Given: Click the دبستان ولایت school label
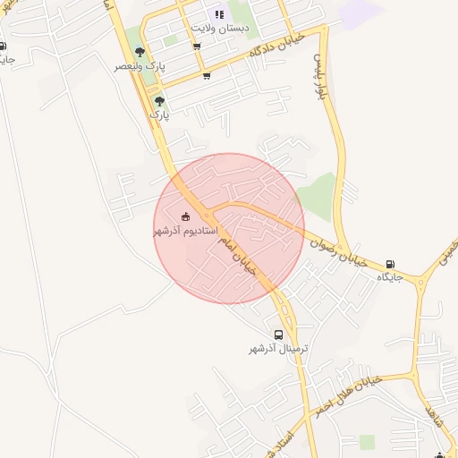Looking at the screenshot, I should [x=220, y=29].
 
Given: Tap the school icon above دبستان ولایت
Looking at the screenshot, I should [x=219, y=14].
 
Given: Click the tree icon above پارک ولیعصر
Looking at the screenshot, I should [x=140, y=52].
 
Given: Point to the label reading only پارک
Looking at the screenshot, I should [x=158, y=115].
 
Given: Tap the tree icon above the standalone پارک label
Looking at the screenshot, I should [x=159, y=101].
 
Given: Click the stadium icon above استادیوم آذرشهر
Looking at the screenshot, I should [x=185, y=216].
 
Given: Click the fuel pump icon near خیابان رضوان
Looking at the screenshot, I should [x=390, y=264].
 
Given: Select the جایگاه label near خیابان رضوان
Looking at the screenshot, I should [x=390, y=278].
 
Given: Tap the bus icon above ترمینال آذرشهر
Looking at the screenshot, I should [x=279, y=335].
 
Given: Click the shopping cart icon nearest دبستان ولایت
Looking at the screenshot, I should [x=197, y=47].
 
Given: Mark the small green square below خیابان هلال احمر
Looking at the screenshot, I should [x=367, y=442].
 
